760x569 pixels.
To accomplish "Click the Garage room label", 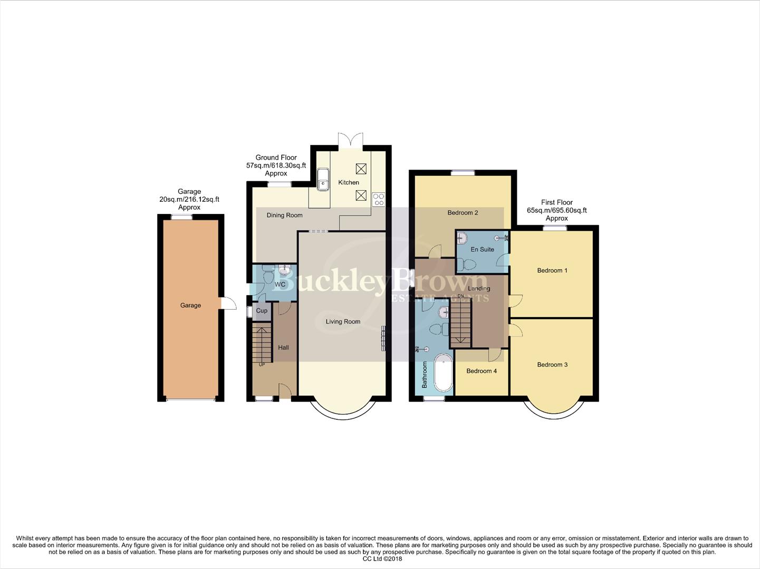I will tap(190, 306).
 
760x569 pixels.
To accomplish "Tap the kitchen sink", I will tap(323, 179).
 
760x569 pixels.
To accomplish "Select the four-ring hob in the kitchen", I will tap(379, 199).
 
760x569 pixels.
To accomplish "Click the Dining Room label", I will tap(284, 215).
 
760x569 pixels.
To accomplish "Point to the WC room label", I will tap(280, 284).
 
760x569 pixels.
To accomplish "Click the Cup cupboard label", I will tap(262, 311).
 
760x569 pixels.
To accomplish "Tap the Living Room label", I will tap(343, 321).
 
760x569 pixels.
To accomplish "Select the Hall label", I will tap(283, 348).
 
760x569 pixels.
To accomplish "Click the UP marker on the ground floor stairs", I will tap(262, 364).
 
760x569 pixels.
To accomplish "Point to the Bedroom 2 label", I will tap(463, 213).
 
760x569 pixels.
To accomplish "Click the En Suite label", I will tap(483, 249).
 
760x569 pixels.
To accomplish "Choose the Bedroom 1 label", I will tap(552, 271).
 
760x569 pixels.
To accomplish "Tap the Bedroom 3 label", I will tap(552, 365).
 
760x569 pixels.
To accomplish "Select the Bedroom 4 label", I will tap(482, 371).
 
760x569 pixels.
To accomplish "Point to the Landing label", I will tap(479, 288).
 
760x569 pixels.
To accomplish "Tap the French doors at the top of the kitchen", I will tap(351, 139).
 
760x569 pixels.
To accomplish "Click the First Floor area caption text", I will tap(556, 210).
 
